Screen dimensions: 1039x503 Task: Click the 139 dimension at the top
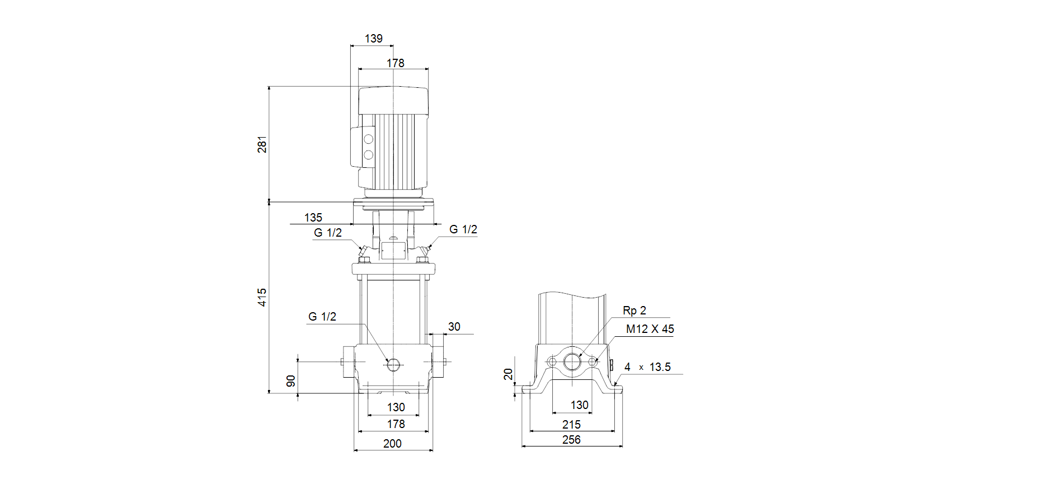click(x=374, y=39)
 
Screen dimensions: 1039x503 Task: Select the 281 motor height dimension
click(x=262, y=144)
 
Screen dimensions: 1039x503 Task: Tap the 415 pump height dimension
click(x=262, y=297)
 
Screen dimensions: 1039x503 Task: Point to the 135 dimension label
click(x=313, y=218)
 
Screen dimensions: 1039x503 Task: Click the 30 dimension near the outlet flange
click(x=454, y=327)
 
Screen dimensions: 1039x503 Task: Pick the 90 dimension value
click(x=291, y=381)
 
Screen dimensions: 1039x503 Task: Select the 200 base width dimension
click(x=392, y=444)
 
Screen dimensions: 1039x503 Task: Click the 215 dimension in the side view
click(x=571, y=425)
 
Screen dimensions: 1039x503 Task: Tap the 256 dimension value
click(x=571, y=440)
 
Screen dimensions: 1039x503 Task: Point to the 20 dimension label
click(x=508, y=374)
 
